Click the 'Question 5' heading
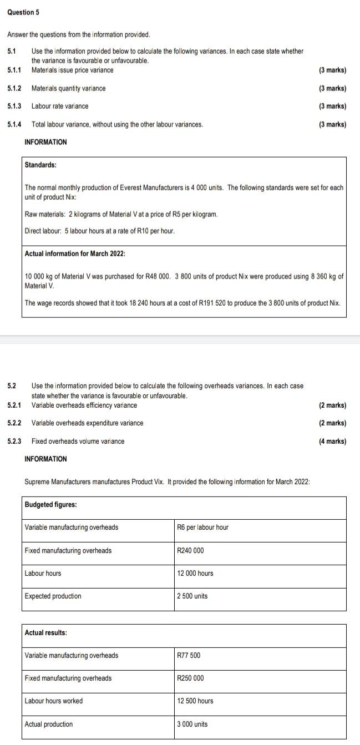(23, 12)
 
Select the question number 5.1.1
(14, 70)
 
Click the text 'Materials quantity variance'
(68, 88)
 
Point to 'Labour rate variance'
(60, 106)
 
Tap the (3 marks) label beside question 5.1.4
(332, 124)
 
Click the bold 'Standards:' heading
(40, 165)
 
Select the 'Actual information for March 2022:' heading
(75, 254)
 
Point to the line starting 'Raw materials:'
(121, 214)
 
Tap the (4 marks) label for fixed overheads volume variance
(332, 442)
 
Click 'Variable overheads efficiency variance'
(84, 405)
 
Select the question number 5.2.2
(14, 423)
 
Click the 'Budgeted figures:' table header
(50, 504)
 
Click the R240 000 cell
(190, 550)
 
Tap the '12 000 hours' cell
(195, 573)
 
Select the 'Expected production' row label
(53, 596)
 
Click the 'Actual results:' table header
(45, 632)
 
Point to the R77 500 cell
(189, 655)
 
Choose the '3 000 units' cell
(192, 724)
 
